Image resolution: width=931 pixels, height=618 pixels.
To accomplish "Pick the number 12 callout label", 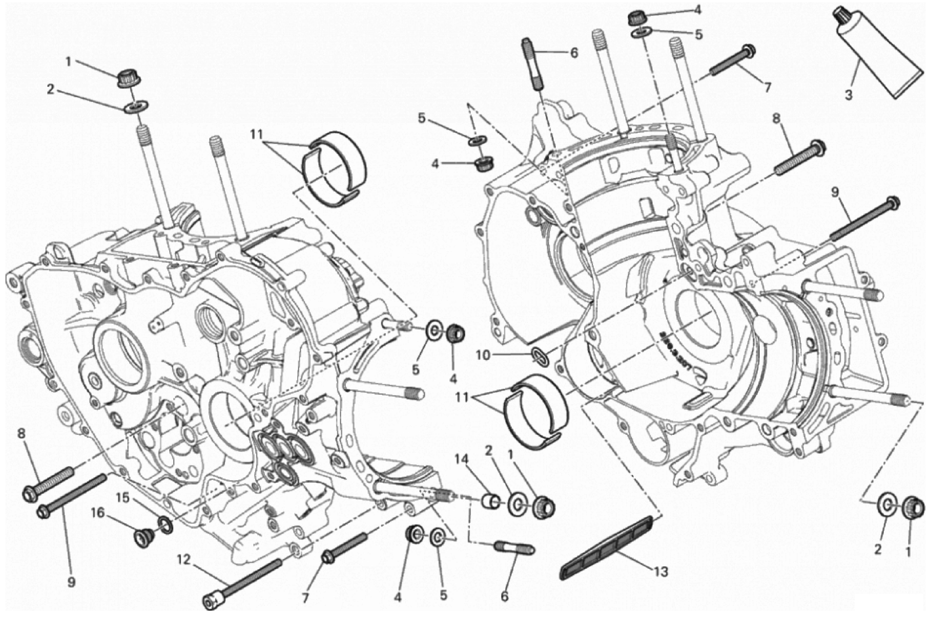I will pos(183,560).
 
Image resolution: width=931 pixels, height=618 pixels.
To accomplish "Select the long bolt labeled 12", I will pos(243,580).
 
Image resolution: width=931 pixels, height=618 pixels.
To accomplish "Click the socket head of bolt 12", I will pos(211,598).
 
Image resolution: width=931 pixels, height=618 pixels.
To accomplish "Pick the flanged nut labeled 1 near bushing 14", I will pos(543,506).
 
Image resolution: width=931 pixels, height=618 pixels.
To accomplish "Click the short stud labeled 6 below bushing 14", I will pos(518,547).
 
